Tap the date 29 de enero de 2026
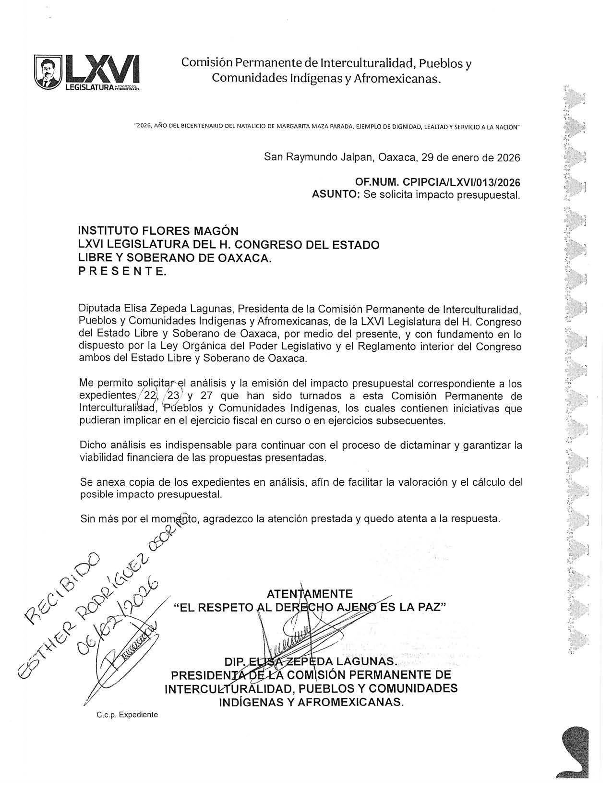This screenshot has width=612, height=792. pyautogui.click(x=473, y=157)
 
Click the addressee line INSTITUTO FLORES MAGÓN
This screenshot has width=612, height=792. pyautogui.click(x=158, y=231)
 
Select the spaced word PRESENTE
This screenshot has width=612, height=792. pyautogui.click(x=122, y=272)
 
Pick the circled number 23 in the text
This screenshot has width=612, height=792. pyautogui.click(x=171, y=396)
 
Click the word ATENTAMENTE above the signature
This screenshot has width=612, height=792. pyautogui.click(x=310, y=594)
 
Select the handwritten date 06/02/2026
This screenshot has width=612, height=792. pyautogui.click(x=118, y=617)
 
